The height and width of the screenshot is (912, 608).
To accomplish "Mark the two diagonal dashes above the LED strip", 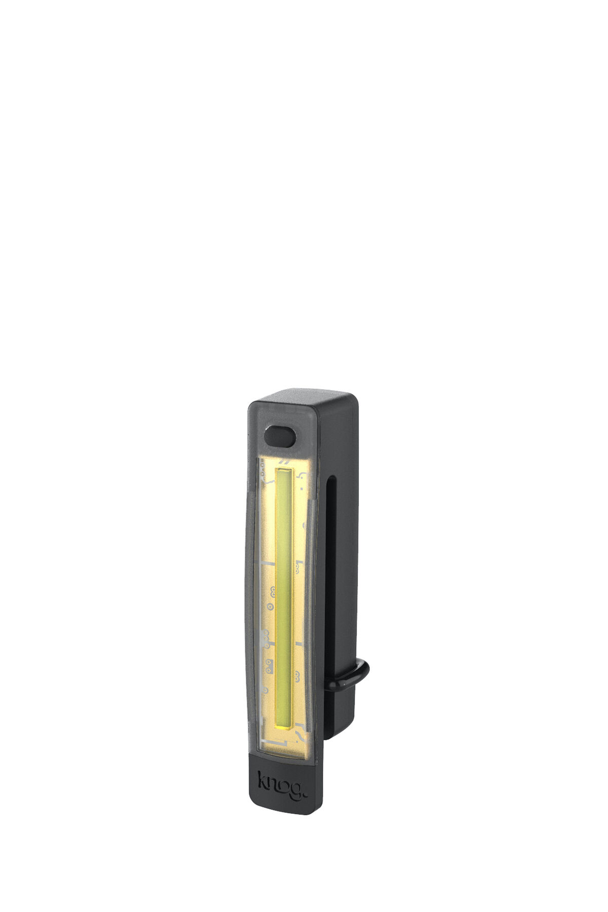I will pyautogui.click(x=287, y=462).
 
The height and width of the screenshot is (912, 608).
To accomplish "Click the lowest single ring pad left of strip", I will pyautogui.click(x=271, y=605).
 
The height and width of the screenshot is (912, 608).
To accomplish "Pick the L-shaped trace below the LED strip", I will pyautogui.click(x=284, y=741).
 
